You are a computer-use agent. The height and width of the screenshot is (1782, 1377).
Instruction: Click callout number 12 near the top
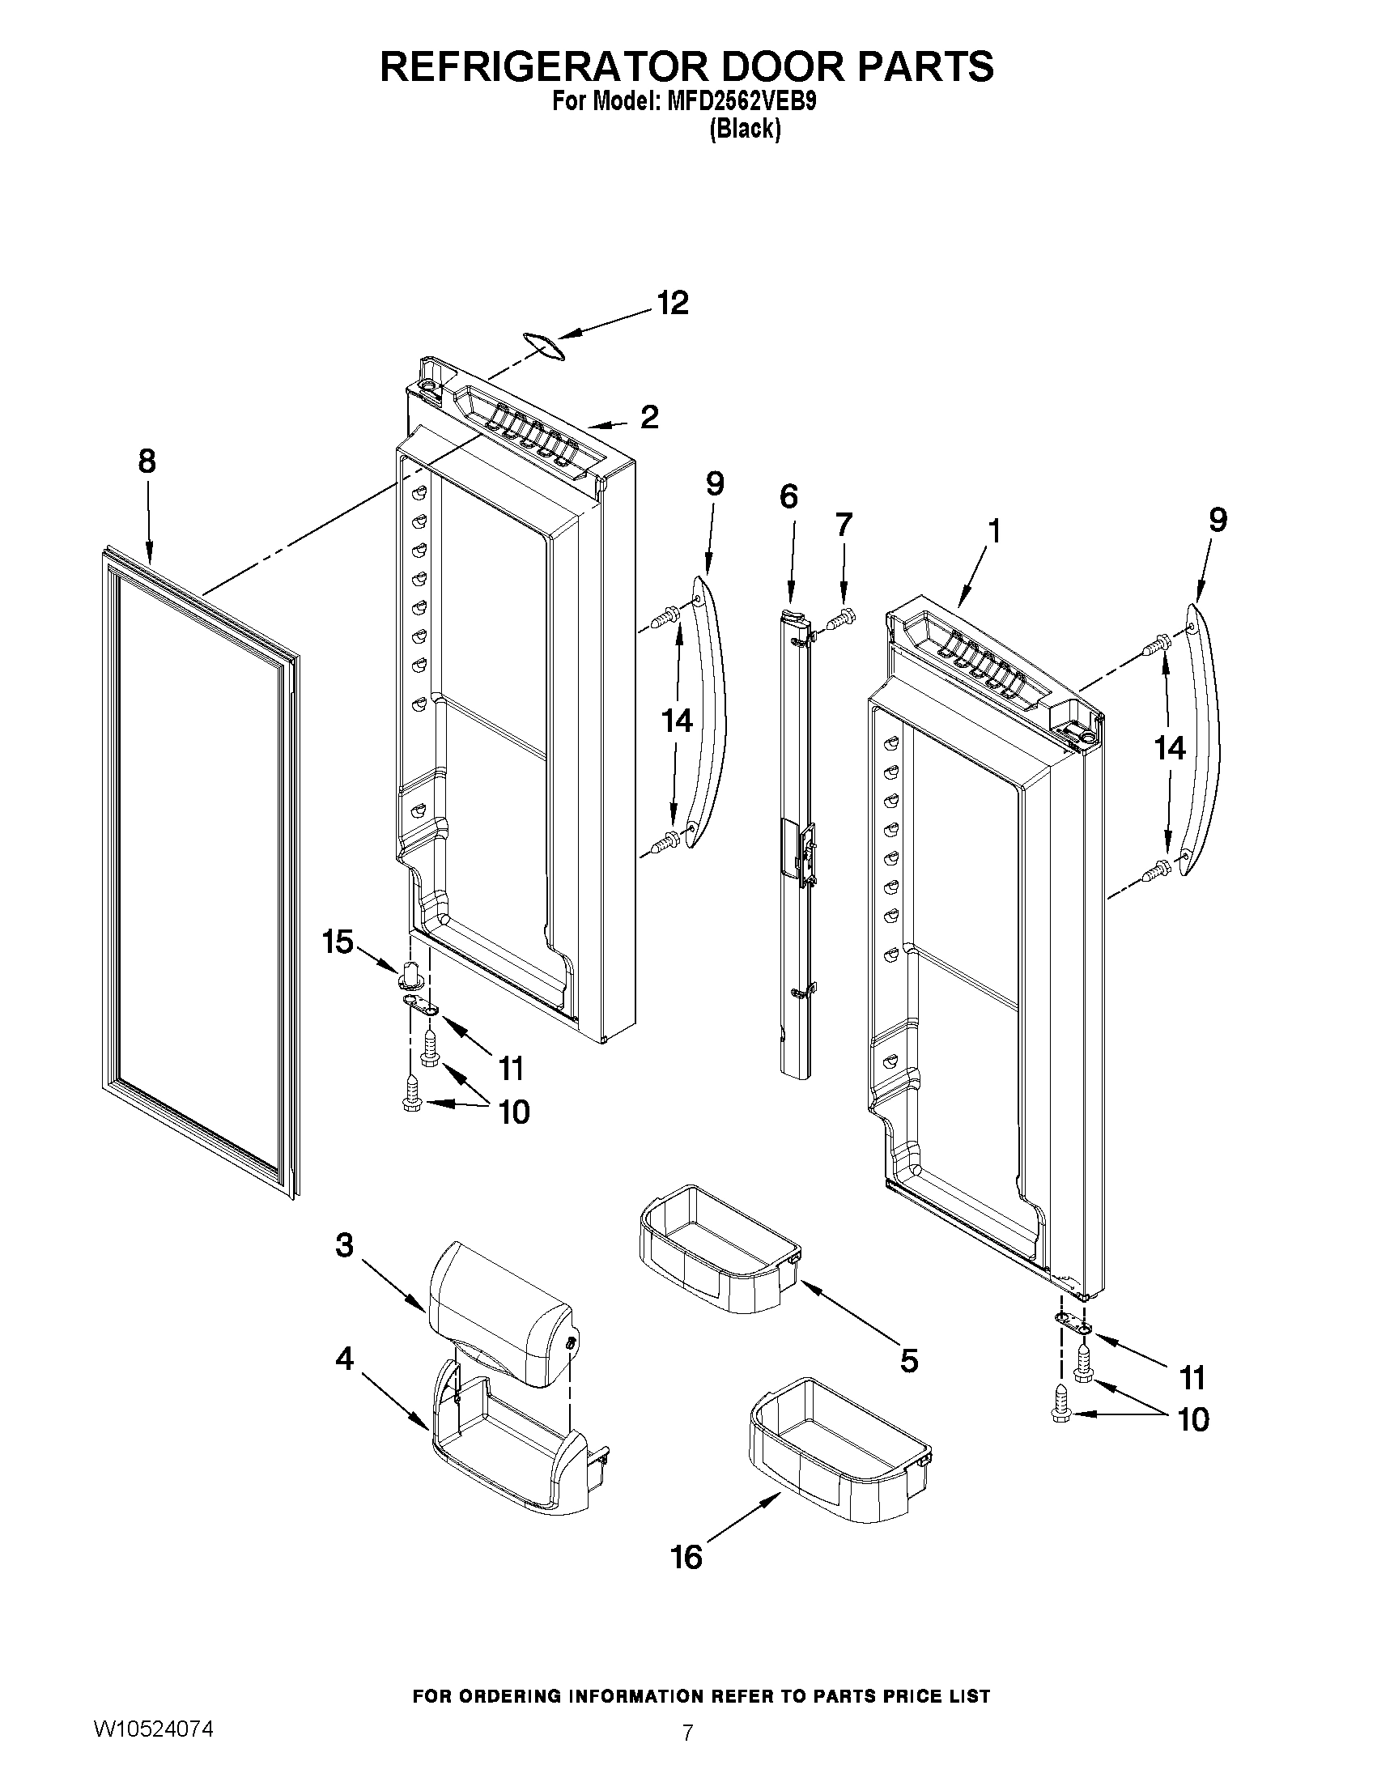click(x=673, y=304)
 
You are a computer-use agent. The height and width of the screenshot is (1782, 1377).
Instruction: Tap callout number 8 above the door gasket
click(x=147, y=461)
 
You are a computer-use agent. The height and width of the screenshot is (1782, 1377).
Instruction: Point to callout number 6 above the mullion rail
click(x=788, y=496)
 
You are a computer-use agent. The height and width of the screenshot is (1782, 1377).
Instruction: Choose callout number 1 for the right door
click(x=993, y=531)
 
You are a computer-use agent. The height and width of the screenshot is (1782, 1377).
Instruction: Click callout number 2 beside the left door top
click(x=649, y=418)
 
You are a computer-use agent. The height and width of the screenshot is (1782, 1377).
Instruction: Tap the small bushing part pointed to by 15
click(x=410, y=973)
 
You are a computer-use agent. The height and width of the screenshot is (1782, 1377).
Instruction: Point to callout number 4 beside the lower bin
click(x=344, y=1359)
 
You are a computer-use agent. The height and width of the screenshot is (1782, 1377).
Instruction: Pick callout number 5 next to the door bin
click(x=909, y=1360)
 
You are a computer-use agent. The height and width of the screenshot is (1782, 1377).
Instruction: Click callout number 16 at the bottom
click(x=686, y=1557)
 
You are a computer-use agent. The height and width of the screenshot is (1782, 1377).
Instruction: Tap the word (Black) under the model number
click(x=745, y=129)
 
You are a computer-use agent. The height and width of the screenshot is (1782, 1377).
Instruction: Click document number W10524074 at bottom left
click(x=154, y=1728)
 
